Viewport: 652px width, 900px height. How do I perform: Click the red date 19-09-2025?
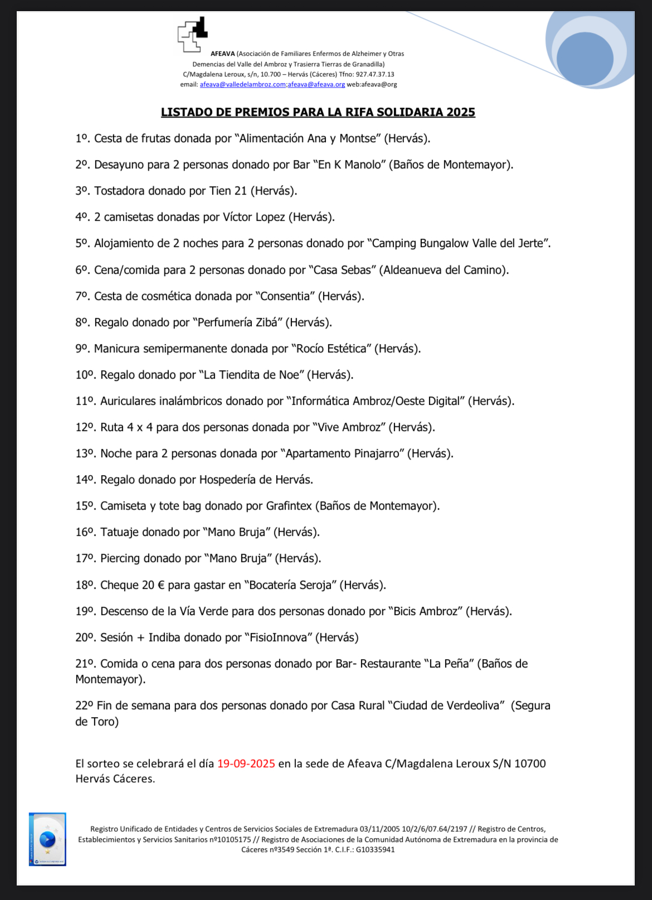tap(246, 763)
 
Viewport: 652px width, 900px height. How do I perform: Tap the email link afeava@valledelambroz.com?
tap(242, 85)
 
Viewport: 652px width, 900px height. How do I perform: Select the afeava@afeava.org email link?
tap(317, 85)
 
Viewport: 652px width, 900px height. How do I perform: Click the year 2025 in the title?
tap(460, 112)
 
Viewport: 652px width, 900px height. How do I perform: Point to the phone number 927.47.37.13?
tap(374, 74)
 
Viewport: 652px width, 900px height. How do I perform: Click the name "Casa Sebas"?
tap(342, 270)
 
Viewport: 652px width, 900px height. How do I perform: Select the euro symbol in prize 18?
tap(161, 585)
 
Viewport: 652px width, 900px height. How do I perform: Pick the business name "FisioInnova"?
tap(278, 637)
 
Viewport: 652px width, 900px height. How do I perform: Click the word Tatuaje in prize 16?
tap(119, 532)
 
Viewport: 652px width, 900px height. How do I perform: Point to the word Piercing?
tap(120, 558)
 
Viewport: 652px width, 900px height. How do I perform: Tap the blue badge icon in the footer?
tap(47, 839)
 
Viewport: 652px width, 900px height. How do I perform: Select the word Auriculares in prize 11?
tap(128, 401)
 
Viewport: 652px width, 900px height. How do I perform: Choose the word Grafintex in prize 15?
tap(289, 506)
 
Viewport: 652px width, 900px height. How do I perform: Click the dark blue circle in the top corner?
tap(584, 59)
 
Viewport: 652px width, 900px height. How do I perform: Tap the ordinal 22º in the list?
tap(84, 705)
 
